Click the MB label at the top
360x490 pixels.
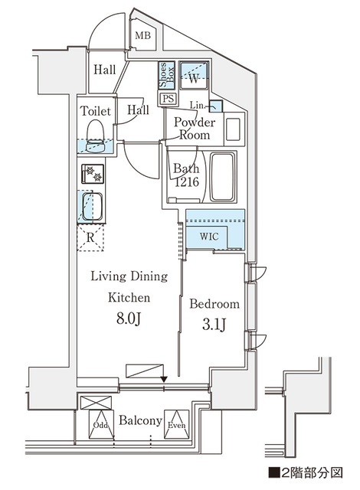[142, 36]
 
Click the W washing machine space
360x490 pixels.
[194, 77]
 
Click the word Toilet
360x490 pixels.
[96, 111]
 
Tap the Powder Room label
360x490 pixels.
[194, 129]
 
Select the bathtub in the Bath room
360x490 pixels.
[223, 175]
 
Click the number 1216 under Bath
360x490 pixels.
[185, 182]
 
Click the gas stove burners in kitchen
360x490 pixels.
[93, 174]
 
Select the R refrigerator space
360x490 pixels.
[91, 237]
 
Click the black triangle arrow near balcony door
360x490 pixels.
[163, 377]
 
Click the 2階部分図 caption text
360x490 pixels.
[306, 472]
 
